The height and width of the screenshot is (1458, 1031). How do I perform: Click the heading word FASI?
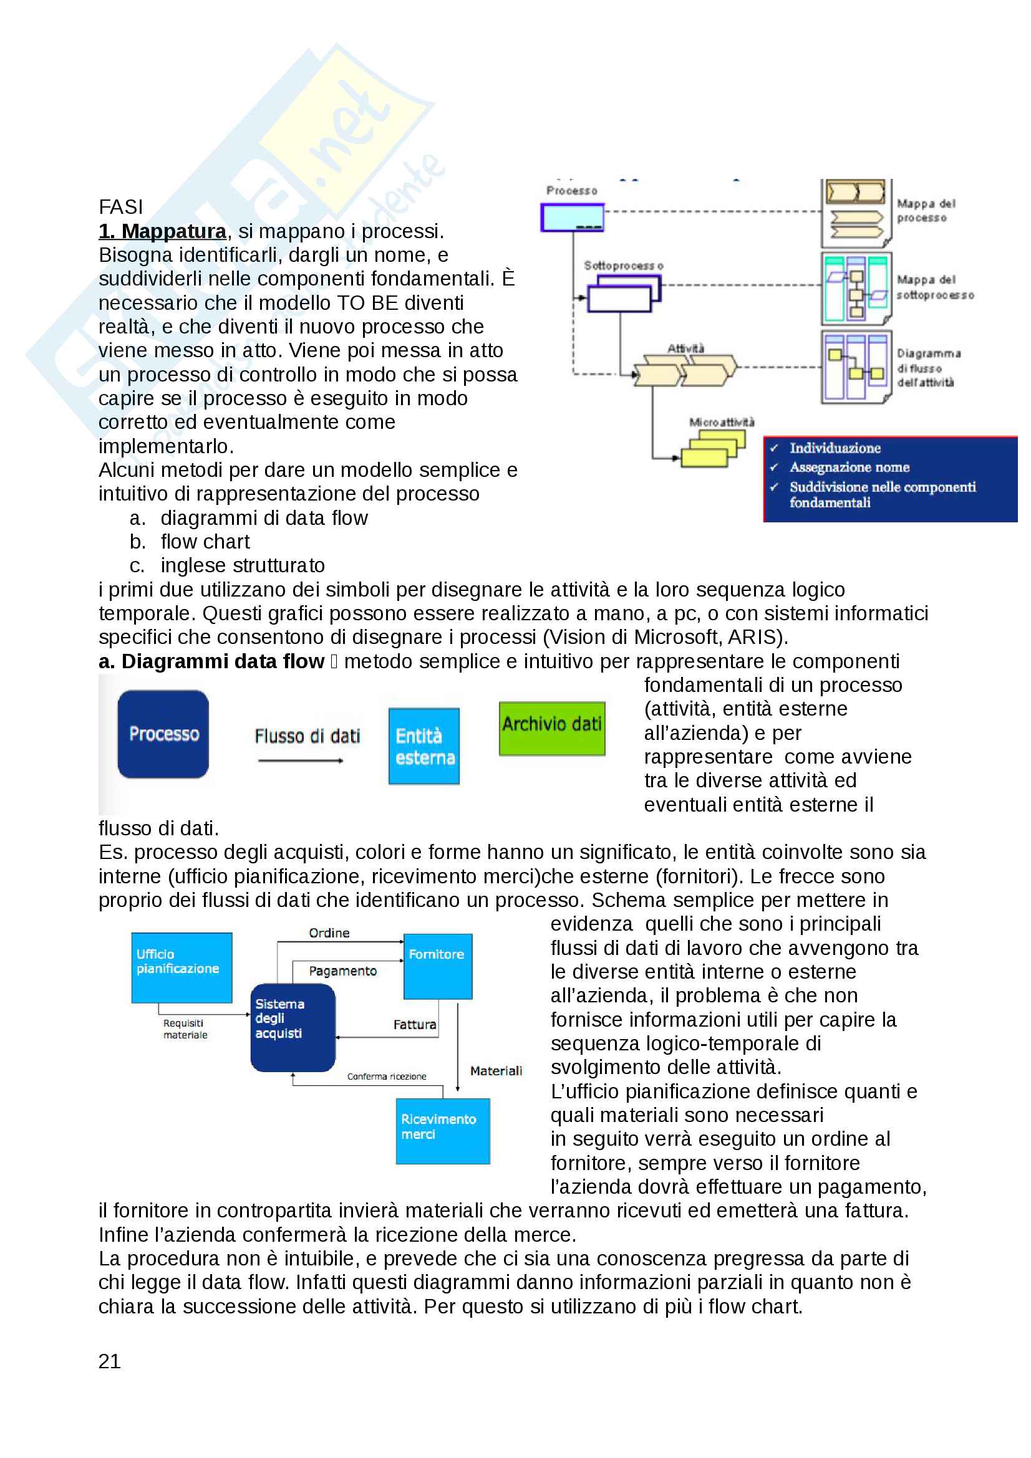point(121,207)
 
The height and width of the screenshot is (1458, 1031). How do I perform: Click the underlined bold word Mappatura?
point(173,231)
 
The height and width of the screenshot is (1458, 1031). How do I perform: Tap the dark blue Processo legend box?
point(163,734)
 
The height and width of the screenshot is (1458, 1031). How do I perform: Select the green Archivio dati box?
point(551,727)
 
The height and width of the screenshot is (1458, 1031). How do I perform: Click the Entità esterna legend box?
point(424,746)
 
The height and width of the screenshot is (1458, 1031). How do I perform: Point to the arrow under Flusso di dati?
point(301,760)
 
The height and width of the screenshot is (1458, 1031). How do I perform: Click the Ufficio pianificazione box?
point(182,967)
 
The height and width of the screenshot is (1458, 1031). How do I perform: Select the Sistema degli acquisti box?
point(293,1027)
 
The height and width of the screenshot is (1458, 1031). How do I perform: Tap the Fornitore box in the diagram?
point(438,966)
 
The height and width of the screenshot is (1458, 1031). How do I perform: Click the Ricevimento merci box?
point(442,1130)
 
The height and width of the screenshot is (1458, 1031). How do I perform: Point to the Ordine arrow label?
point(329,933)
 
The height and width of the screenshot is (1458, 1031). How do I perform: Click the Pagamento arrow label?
point(342,971)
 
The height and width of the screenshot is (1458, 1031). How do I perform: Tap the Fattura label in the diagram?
point(414,1024)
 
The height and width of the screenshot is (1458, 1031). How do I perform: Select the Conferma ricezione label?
point(386,1077)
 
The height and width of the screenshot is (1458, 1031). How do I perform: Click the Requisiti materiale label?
point(184,1029)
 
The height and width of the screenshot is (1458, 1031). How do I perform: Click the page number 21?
point(109,1361)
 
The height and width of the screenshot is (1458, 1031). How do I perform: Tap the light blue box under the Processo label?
point(572,217)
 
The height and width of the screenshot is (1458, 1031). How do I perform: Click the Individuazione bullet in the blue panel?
point(835,448)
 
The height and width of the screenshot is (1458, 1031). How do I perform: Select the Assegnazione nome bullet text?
point(849,468)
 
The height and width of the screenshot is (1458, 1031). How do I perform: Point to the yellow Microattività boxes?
point(713,449)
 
